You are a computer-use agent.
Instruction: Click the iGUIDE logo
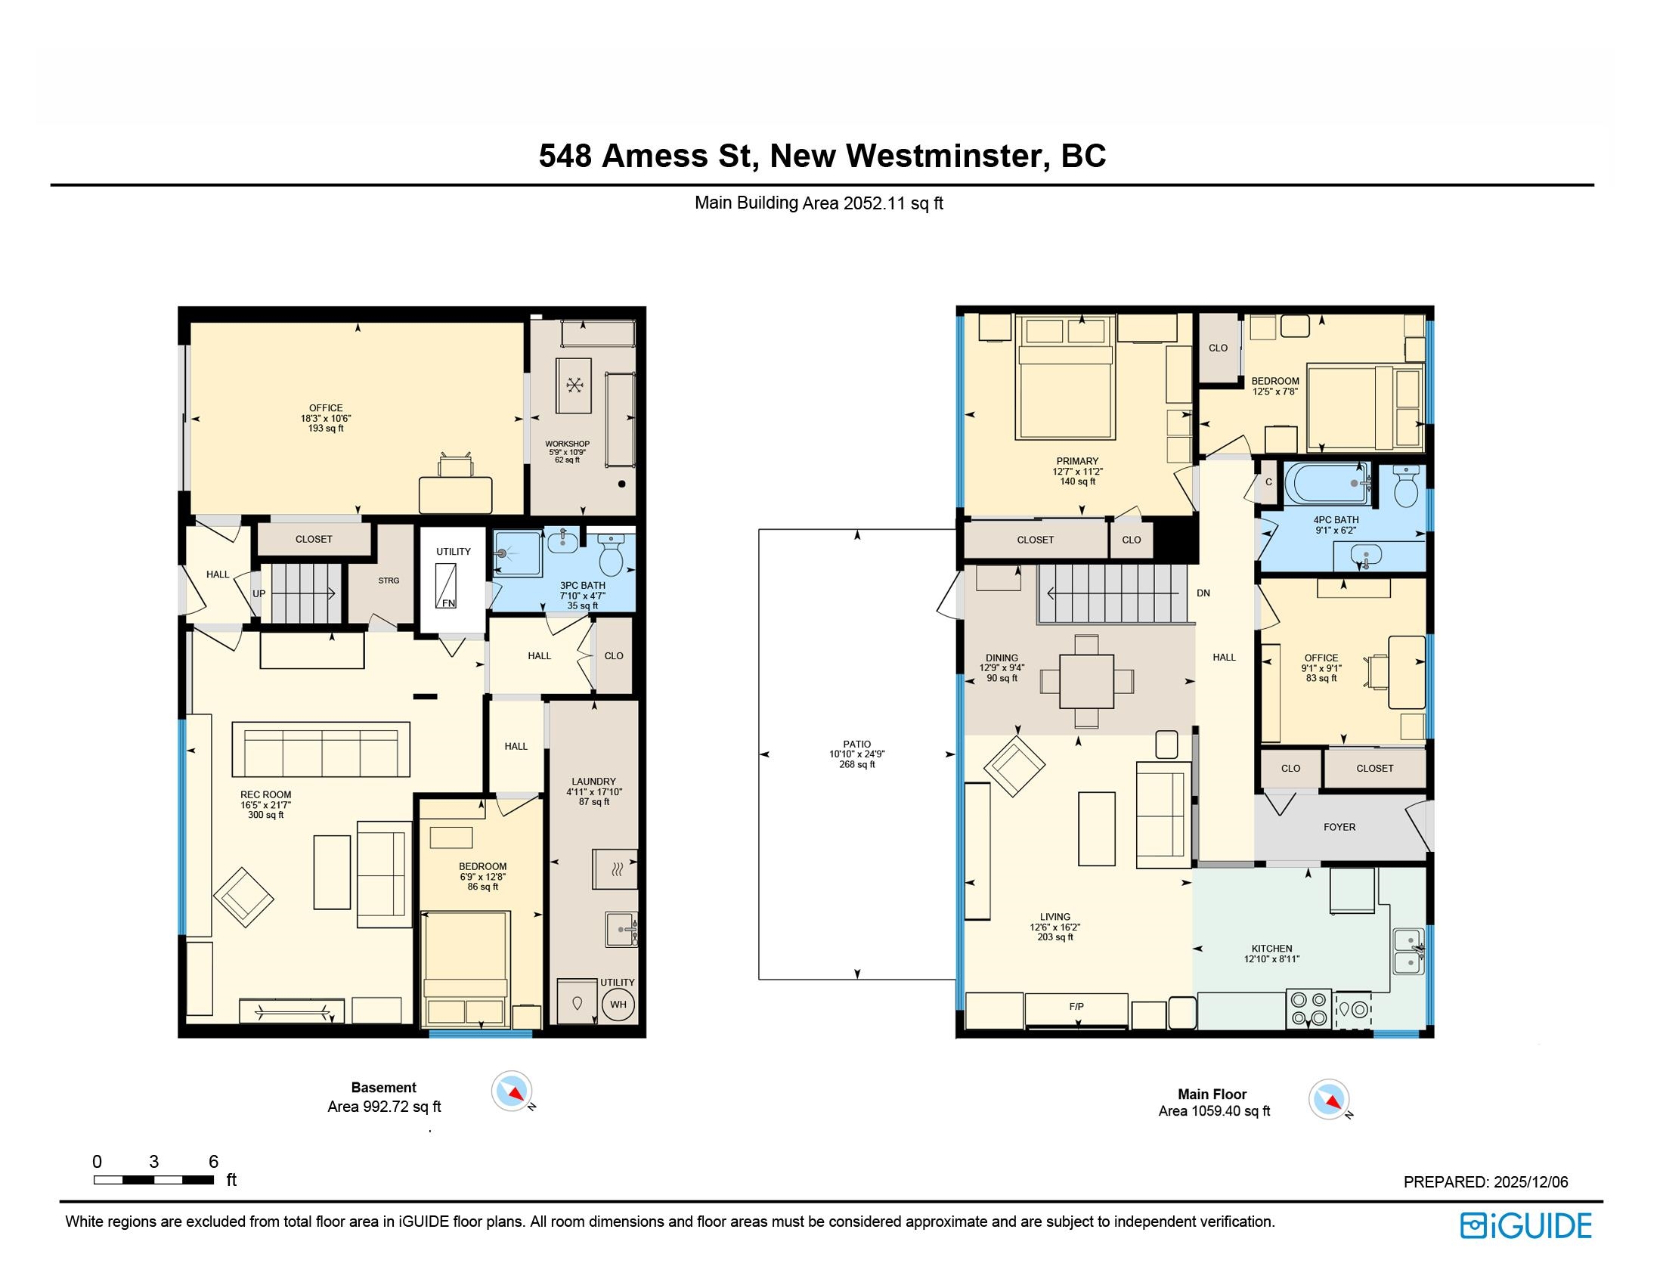point(1526,1225)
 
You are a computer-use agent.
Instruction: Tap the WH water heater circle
point(618,1004)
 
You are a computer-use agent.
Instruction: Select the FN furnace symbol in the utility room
point(445,585)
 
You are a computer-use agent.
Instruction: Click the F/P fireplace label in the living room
point(1076,1006)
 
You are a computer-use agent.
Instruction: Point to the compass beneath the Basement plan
point(512,1091)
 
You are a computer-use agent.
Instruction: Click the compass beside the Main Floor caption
point(1329,1099)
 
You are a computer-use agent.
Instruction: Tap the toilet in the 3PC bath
point(612,553)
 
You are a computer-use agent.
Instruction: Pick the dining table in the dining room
point(1086,681)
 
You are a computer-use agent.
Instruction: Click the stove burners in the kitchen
point(1308,1008)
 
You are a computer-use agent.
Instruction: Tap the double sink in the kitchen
point(1408,952)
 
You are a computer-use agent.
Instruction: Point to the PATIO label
point(856,744)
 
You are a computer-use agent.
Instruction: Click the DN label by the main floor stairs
point(1203,593)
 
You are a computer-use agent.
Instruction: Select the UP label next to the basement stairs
point(259,594)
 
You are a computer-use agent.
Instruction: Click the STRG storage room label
point(389,580)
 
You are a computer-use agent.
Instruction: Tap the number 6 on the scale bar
point(213,1161)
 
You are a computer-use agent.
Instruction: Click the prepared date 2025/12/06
point(1531,1181)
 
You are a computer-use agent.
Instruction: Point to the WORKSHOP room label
point(567,444)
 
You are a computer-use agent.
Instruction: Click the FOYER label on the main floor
point(1339,827)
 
